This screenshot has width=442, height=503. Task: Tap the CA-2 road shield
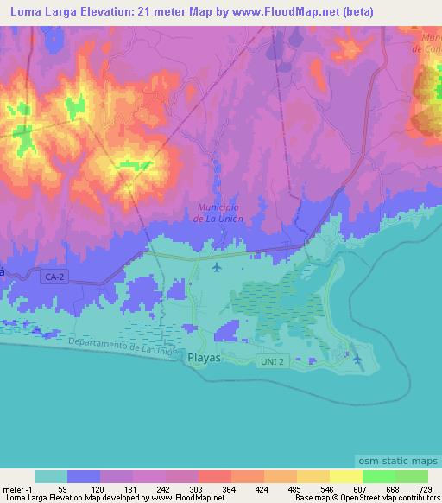[x=54, y=275]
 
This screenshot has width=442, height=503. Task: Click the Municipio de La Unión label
[x=219, y=213]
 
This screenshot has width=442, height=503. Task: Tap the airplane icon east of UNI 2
[x=357, y=357]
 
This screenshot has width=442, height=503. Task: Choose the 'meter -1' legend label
[x=17, y=488]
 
